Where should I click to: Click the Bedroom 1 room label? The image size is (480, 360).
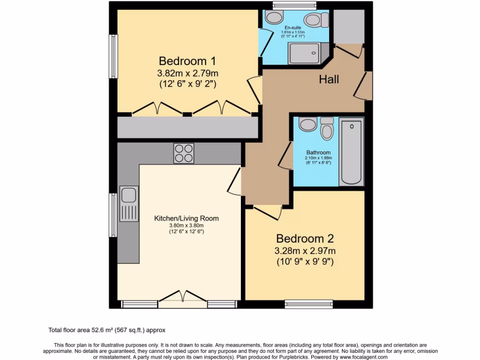click(187, 61)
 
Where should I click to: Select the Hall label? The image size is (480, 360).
click(329, 80)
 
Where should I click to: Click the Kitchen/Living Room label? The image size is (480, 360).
click(187, 218)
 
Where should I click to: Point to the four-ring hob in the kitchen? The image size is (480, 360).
click(184, 153)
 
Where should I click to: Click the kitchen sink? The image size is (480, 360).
click(128, 202)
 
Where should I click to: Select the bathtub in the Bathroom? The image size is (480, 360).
click(351, 152)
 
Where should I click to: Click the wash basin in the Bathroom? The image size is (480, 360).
click(308, 125)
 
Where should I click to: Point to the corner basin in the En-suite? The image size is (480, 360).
click(272, 18)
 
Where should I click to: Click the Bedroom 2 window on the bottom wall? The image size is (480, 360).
click(309, 304)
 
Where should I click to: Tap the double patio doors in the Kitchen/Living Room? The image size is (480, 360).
click(183, 299)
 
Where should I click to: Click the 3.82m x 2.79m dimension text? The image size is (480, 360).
click(187, 73)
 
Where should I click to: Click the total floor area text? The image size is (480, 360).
click(107, 330)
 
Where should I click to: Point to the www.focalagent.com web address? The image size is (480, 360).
click(360, 357)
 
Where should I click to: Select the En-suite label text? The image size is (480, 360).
click(292, 28)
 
